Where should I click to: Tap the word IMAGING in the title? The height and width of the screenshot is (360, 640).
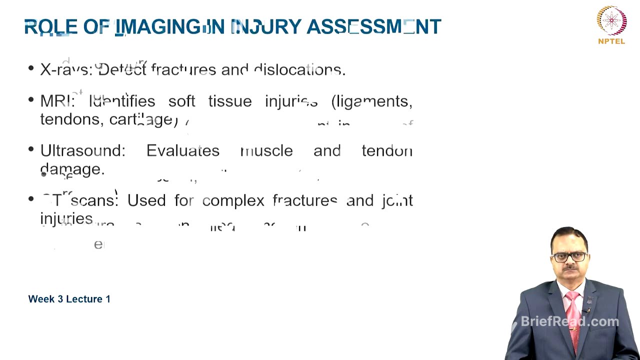pos(160,27)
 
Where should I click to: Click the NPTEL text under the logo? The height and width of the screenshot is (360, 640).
pos(611,41)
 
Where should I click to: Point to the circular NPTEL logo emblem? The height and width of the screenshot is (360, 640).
pos(611,20)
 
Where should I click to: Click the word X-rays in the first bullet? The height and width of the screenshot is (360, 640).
pos(66,69)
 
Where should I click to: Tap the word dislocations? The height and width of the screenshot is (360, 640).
pos(299,69)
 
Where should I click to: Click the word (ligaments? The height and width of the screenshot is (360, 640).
pos(371,101)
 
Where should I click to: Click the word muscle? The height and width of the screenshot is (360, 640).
pos(266,150)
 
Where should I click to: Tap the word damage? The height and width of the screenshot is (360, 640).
pos(72,169)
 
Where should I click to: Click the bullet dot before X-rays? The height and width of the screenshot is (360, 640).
pos(31,69)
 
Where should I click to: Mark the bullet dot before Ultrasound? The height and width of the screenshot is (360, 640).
pos(31,150)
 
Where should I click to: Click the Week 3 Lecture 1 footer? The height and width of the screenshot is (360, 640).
pos(69,299)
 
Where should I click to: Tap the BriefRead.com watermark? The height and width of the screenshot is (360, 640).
pos(569,321)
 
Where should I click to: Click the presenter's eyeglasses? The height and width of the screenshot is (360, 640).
pos(570,257)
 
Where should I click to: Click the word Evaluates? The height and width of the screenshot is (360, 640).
pos(182,150)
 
